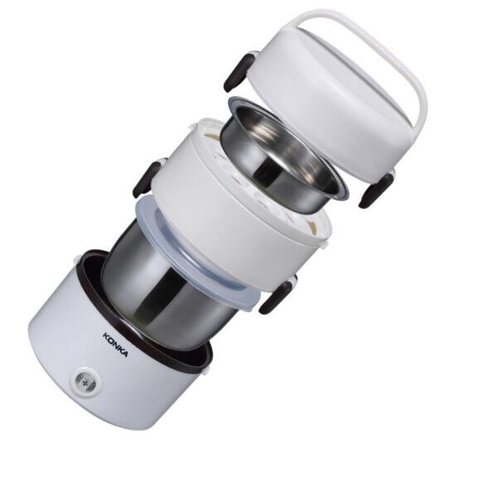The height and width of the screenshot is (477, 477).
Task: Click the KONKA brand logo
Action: point(115,345)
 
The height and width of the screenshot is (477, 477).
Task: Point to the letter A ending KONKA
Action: point(124,354)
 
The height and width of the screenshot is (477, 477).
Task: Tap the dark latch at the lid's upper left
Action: point(239,72)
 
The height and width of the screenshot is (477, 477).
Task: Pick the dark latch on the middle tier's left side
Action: point(148,180)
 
